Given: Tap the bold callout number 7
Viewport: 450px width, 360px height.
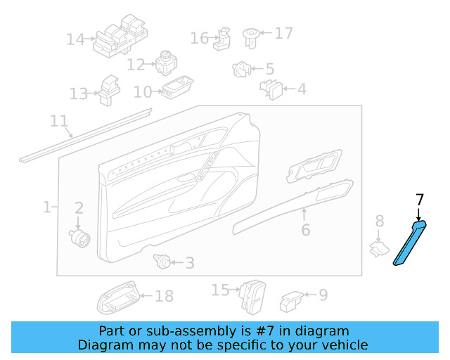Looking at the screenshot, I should pyautogui.click(x=420, y=200).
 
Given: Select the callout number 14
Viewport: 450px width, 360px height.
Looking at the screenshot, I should pyautogui.click(x=75, y=39).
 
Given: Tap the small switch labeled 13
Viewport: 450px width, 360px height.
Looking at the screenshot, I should pyautogui.click(x=108, y=90).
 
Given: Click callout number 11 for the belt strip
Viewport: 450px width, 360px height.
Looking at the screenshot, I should pyautogui.click(x=59, y=121).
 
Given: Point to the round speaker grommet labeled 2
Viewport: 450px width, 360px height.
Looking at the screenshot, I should pyautogui.click(x=79, y=237).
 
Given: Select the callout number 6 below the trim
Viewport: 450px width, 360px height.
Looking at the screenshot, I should pyautogui.click(x=304, y=230).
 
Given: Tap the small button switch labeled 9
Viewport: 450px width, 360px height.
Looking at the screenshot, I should pyautogui.click(x=291, y=301).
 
